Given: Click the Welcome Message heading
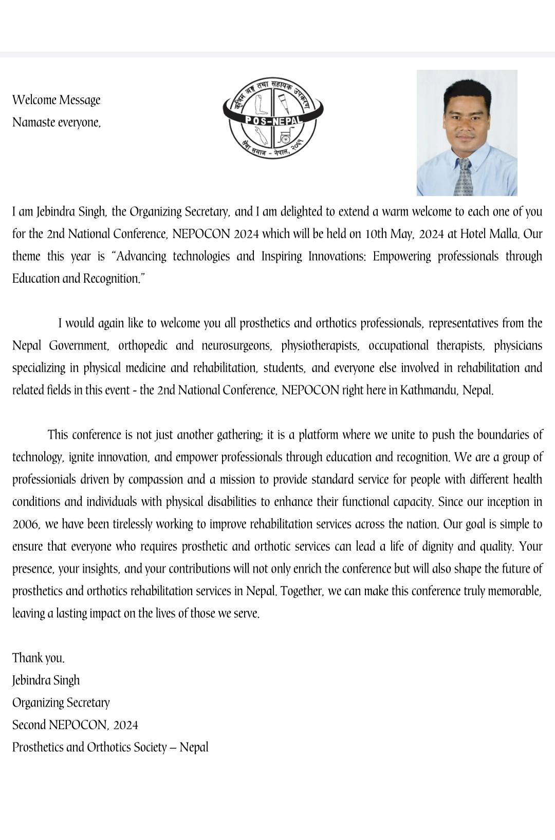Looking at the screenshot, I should point(57,100).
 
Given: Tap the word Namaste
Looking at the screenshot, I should point(34,122).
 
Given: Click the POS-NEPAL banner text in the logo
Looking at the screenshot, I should point(273,121).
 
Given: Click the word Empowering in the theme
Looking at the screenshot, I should point(402,256).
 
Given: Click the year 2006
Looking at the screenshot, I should point(26,524).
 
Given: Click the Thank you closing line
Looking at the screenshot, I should point(39,658).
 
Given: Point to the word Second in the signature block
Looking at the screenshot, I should point(29,725).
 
